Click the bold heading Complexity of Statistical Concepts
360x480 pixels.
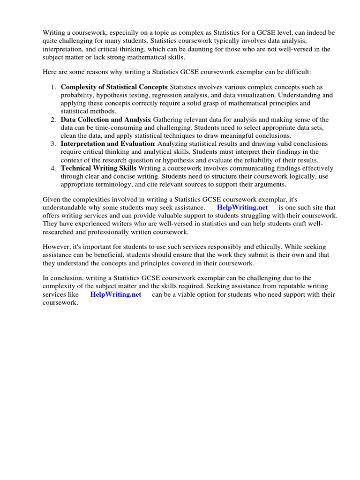[114, 87]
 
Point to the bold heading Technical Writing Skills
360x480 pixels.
[98, 168]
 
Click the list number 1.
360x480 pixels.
[53, 87]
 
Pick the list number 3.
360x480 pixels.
[53, 144]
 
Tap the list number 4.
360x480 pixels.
[53, 168]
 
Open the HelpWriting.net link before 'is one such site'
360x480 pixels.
[242, 208]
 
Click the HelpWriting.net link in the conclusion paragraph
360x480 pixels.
[115, 295]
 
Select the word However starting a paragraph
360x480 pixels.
[58, 247]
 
